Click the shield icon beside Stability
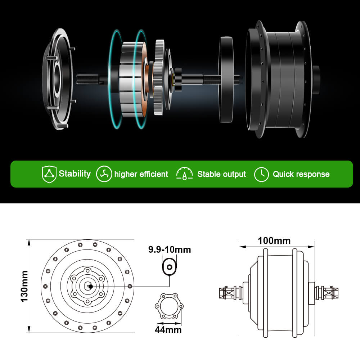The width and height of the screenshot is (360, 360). (49, 174)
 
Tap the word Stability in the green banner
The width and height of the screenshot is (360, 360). (75, 174)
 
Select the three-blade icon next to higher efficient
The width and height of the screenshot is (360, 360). (104, 174)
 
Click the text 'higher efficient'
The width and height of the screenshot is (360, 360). (141, 174)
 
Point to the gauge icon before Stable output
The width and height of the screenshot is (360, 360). (184, 174)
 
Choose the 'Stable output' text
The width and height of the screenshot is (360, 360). (221, 174)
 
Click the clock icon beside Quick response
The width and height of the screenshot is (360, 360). (261, 174)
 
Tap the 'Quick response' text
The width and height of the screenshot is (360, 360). (301, 174)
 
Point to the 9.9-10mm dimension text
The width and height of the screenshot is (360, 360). (170, 249)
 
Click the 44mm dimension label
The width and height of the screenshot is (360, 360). (168, 329)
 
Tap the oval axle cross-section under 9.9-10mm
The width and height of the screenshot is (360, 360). (169, 267)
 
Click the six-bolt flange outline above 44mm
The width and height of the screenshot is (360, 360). (169, 306)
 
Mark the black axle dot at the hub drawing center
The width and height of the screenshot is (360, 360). (90, 287)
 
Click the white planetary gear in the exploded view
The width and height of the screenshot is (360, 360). (159, 77)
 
